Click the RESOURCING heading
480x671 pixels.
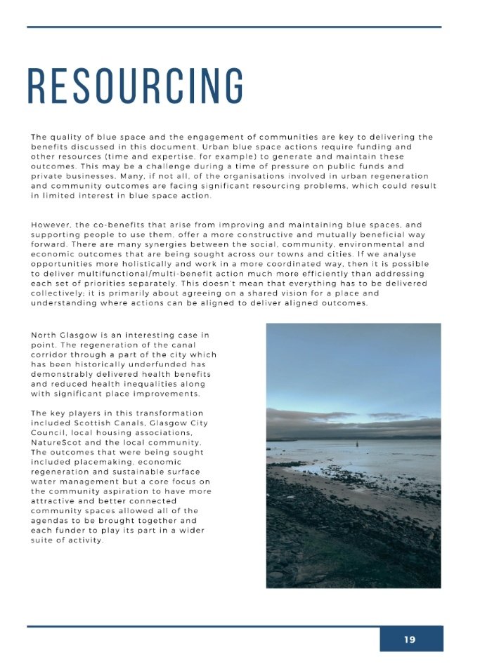pos(136,87)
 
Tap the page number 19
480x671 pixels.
pos(410,639)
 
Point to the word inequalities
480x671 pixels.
pos(154,384)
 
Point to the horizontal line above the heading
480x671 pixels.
pos(234,27)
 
